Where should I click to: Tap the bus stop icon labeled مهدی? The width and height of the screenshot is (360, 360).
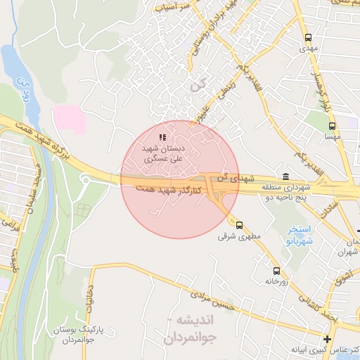pyautogui.click(x=307, y=37)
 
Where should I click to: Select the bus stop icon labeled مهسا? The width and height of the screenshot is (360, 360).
pyautogui.click(x=332, y=127)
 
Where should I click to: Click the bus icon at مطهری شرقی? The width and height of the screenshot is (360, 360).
pyautogui.click(x=239, y=225)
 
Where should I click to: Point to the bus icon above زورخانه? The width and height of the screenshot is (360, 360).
pyautogui.click(x=276, y=270)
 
